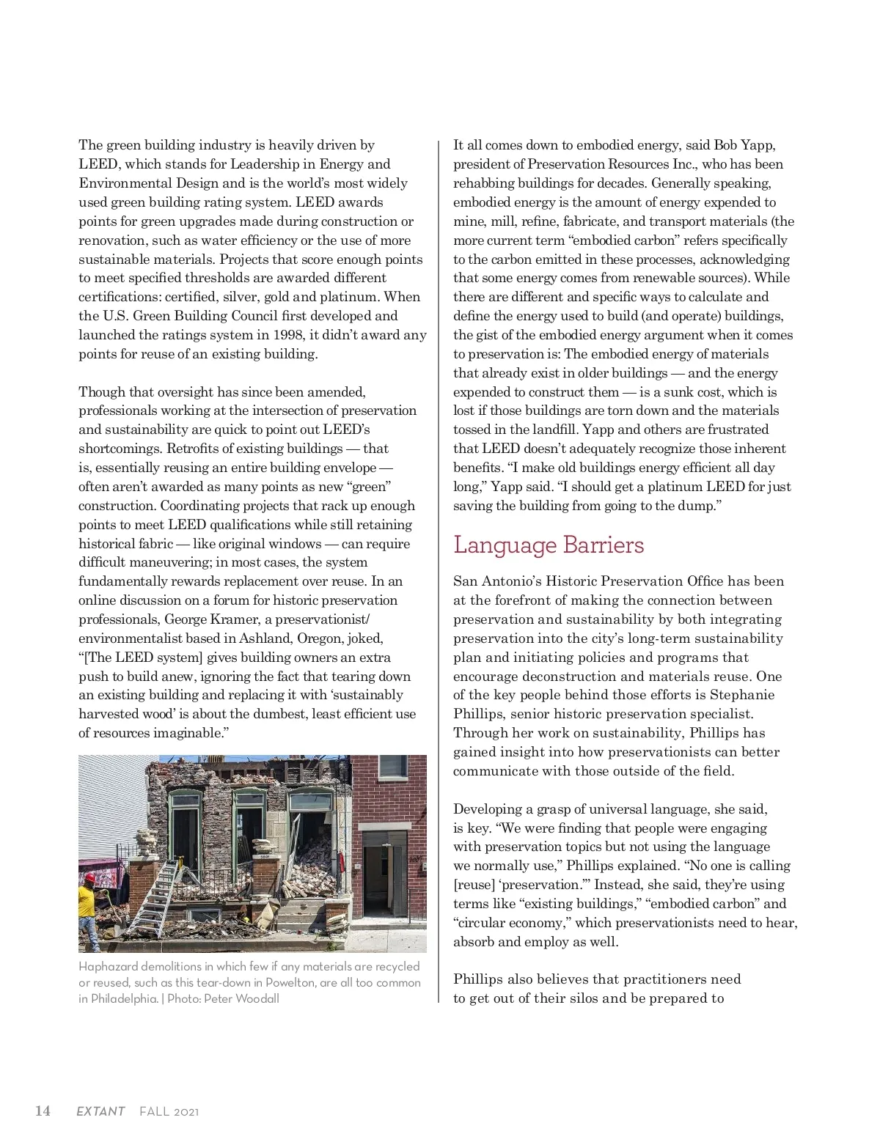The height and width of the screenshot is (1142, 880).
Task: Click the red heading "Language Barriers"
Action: coord(549,545)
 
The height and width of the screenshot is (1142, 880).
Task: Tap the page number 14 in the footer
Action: coord(43,1110)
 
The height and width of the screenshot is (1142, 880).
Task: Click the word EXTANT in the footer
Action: coord(100,1111)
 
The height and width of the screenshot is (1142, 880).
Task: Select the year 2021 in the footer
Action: coord(186,1111)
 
